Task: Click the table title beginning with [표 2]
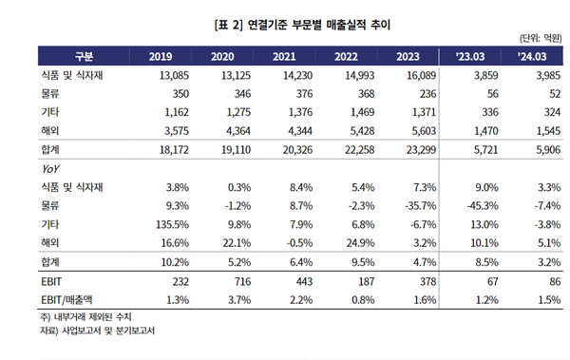[x=284, y=21]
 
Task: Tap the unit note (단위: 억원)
[x=536, y=38]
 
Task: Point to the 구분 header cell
[x=84, y=56]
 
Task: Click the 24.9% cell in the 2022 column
[x=360, y=242]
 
